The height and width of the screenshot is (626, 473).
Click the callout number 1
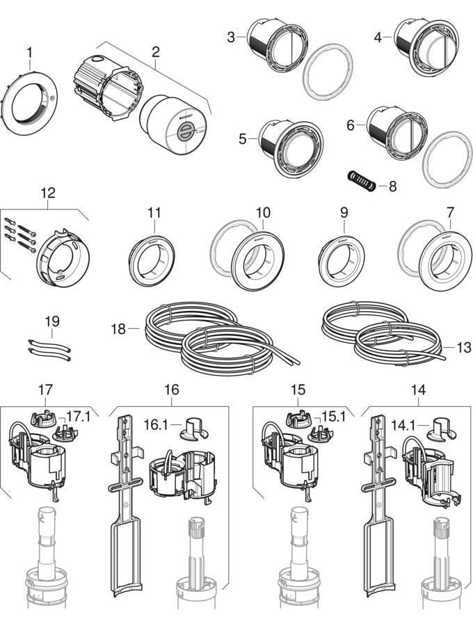coord(29,51)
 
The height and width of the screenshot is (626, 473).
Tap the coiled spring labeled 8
coord(361,183)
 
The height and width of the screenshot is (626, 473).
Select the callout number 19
coord(52,321)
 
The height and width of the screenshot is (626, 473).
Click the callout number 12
coord(48,193)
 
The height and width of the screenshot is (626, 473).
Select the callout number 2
coord(155,51)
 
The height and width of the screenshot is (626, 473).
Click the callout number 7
coord(450,211)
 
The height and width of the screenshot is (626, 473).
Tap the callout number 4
coord(378,38)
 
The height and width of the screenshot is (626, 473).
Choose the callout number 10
coord(263,211)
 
